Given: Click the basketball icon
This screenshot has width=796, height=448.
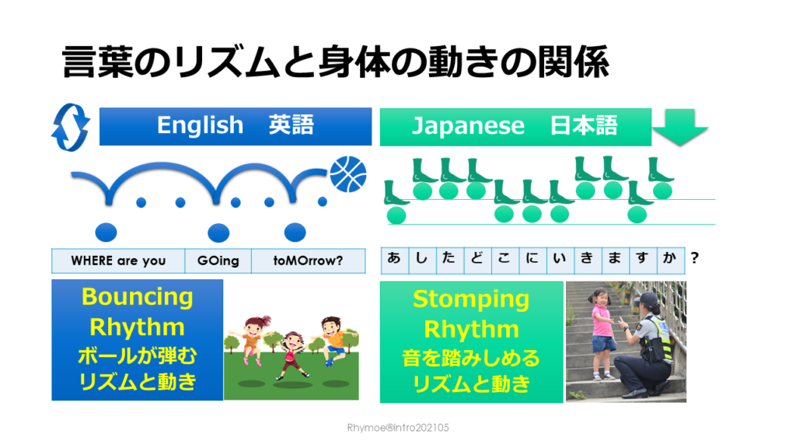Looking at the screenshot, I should click(x=347, y=173).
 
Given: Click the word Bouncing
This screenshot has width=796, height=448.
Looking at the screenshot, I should click(x=137, y=297).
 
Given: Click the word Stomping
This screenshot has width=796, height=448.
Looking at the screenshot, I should click(x=470, y=299).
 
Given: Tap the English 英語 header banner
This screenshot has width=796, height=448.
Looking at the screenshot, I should click(x=235, y=126).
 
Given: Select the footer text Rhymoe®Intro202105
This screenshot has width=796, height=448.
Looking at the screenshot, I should click(x=398, y=428).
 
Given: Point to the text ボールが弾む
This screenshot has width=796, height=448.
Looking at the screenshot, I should click(x=137, y=356).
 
